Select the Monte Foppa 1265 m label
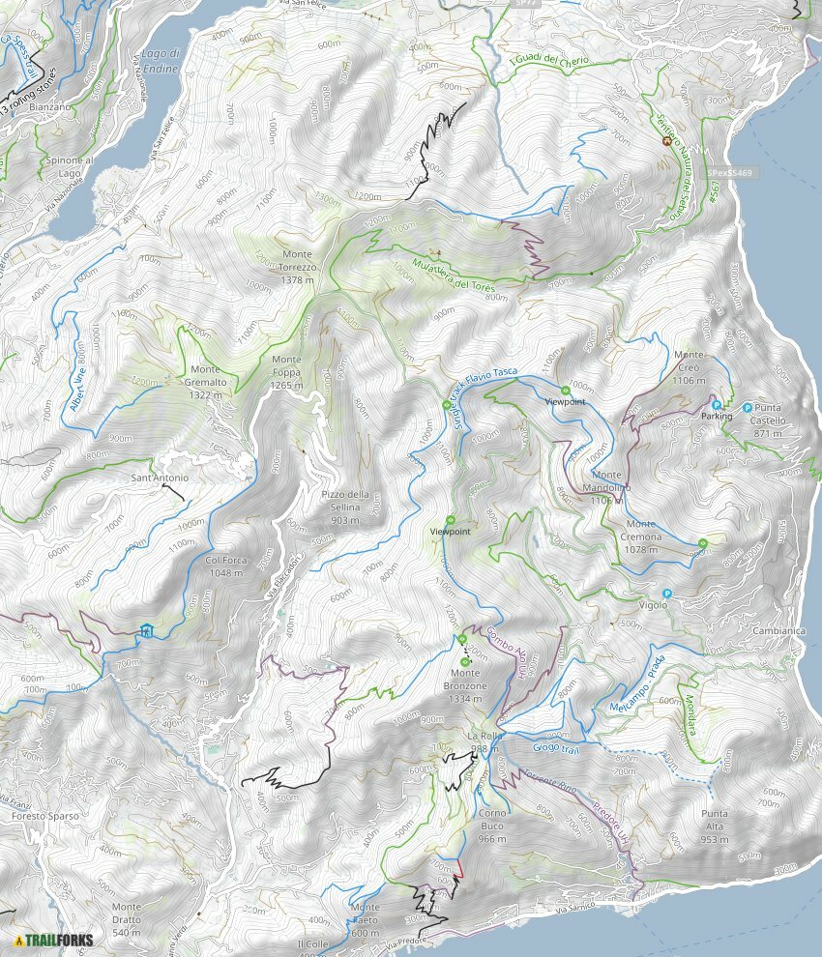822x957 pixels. (x=286, y=373)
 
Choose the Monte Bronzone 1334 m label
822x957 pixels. (x=468, y=680)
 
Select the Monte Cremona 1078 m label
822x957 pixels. (x=641, y=543)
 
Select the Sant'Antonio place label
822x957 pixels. (x=161, y=478)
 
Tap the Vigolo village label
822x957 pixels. (x=654, y=605)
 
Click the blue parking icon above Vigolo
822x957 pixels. (x=665, y=593)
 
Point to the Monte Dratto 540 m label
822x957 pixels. (x=126, y=913)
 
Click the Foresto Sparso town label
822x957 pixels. (x=45, y=816)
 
